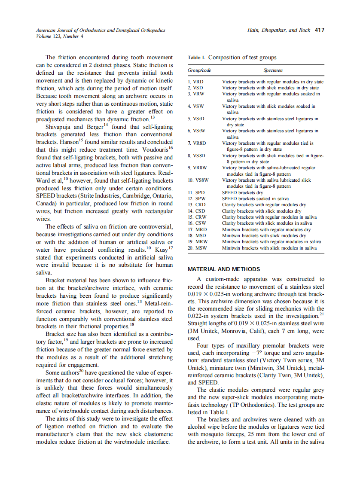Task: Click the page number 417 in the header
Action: click(x=319, y=30)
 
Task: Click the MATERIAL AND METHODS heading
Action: click(x=224, y=269)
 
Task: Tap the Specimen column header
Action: click(x=273, y=70)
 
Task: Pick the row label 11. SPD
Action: click(x=196, y=193)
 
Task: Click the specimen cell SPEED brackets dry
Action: click(x=242, y=193)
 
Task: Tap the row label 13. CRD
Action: click(x=197, y=205)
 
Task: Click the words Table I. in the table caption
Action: click(x=196, y=58)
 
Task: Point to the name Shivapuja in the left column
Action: click(x=60, y=127)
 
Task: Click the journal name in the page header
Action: click(x=100, y=30)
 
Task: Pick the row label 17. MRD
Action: click(x=197, y=229)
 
